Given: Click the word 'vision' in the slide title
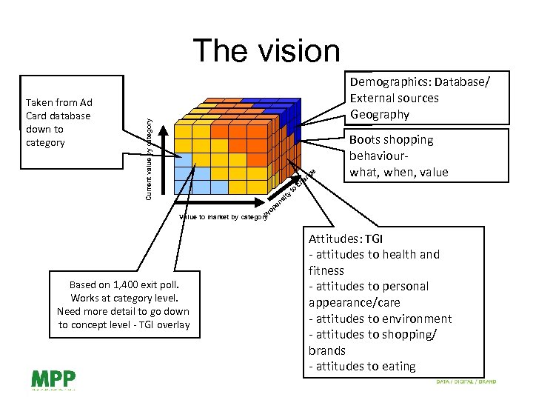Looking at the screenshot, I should coord(299,51).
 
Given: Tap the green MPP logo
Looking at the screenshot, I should coord(53,379).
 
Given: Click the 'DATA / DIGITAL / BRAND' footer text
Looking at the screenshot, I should coord(466,382).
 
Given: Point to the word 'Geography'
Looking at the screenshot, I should coord(380,114).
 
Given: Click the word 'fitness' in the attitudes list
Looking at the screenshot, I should coord(326,270).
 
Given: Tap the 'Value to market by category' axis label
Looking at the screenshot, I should coord(222,217).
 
